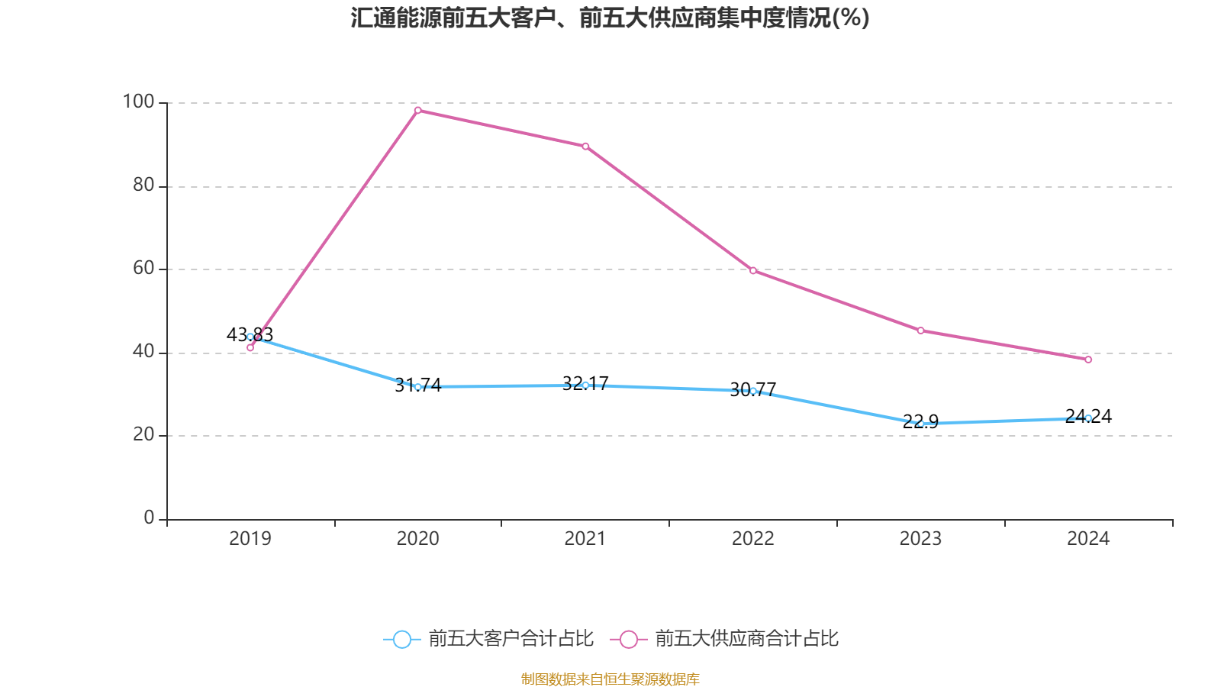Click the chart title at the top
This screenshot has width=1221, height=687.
point(610,18)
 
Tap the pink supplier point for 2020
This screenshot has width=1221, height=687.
point(417,110)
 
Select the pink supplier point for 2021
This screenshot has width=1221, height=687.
point(585,146)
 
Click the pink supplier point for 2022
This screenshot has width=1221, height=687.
point(753,270)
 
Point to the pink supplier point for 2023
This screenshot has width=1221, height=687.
point(920,331)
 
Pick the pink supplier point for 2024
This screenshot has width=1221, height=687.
point(1088,360)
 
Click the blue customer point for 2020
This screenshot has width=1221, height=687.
point(417,387)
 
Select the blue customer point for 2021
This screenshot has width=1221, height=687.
point(585,385)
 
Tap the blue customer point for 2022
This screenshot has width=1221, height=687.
point(753,391)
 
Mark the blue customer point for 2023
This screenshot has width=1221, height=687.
point(920,424)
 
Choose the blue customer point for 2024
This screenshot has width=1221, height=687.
point(1088,418)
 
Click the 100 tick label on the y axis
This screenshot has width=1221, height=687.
point(138,102)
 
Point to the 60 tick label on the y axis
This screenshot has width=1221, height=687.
point(143,268)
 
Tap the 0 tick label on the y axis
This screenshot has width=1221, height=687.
point(149,518)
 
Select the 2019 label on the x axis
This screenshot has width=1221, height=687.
point(250,539)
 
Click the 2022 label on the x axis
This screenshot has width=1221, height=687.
point(753,539)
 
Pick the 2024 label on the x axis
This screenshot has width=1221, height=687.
point(1088,539)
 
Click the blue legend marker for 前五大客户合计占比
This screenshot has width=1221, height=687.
point(401,639)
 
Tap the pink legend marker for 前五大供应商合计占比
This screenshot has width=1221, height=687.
point(628,639)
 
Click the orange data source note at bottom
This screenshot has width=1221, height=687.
point(610,679)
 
